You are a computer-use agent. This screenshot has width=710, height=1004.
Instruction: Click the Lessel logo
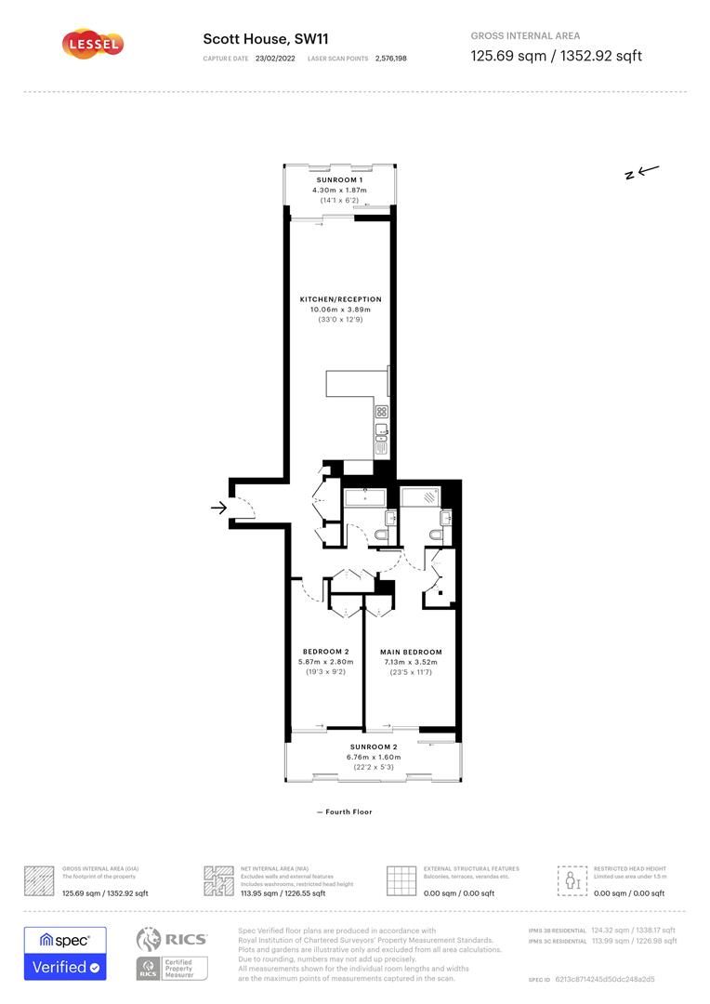tap(92, 43)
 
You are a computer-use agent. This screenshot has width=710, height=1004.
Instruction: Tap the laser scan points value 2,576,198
tap(390, 58)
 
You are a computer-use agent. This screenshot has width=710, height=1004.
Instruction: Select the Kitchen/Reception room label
tap(340, 299)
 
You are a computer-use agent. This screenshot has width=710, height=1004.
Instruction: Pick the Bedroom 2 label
tap(325, 652)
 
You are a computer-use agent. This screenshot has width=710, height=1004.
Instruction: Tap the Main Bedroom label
tap(411, 652)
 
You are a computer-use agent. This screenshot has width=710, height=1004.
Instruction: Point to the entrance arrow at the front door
tap(218, 508)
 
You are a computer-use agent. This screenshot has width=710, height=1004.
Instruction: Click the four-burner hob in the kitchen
tap(381, 411)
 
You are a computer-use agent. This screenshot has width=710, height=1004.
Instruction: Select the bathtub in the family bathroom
tap(365, 498)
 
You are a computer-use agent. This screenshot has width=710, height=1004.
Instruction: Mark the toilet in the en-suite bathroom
tap(438, 535)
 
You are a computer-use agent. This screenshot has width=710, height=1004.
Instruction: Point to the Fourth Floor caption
tap(344, 812)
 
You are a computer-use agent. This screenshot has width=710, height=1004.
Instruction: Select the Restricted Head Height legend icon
tap(572, 879)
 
